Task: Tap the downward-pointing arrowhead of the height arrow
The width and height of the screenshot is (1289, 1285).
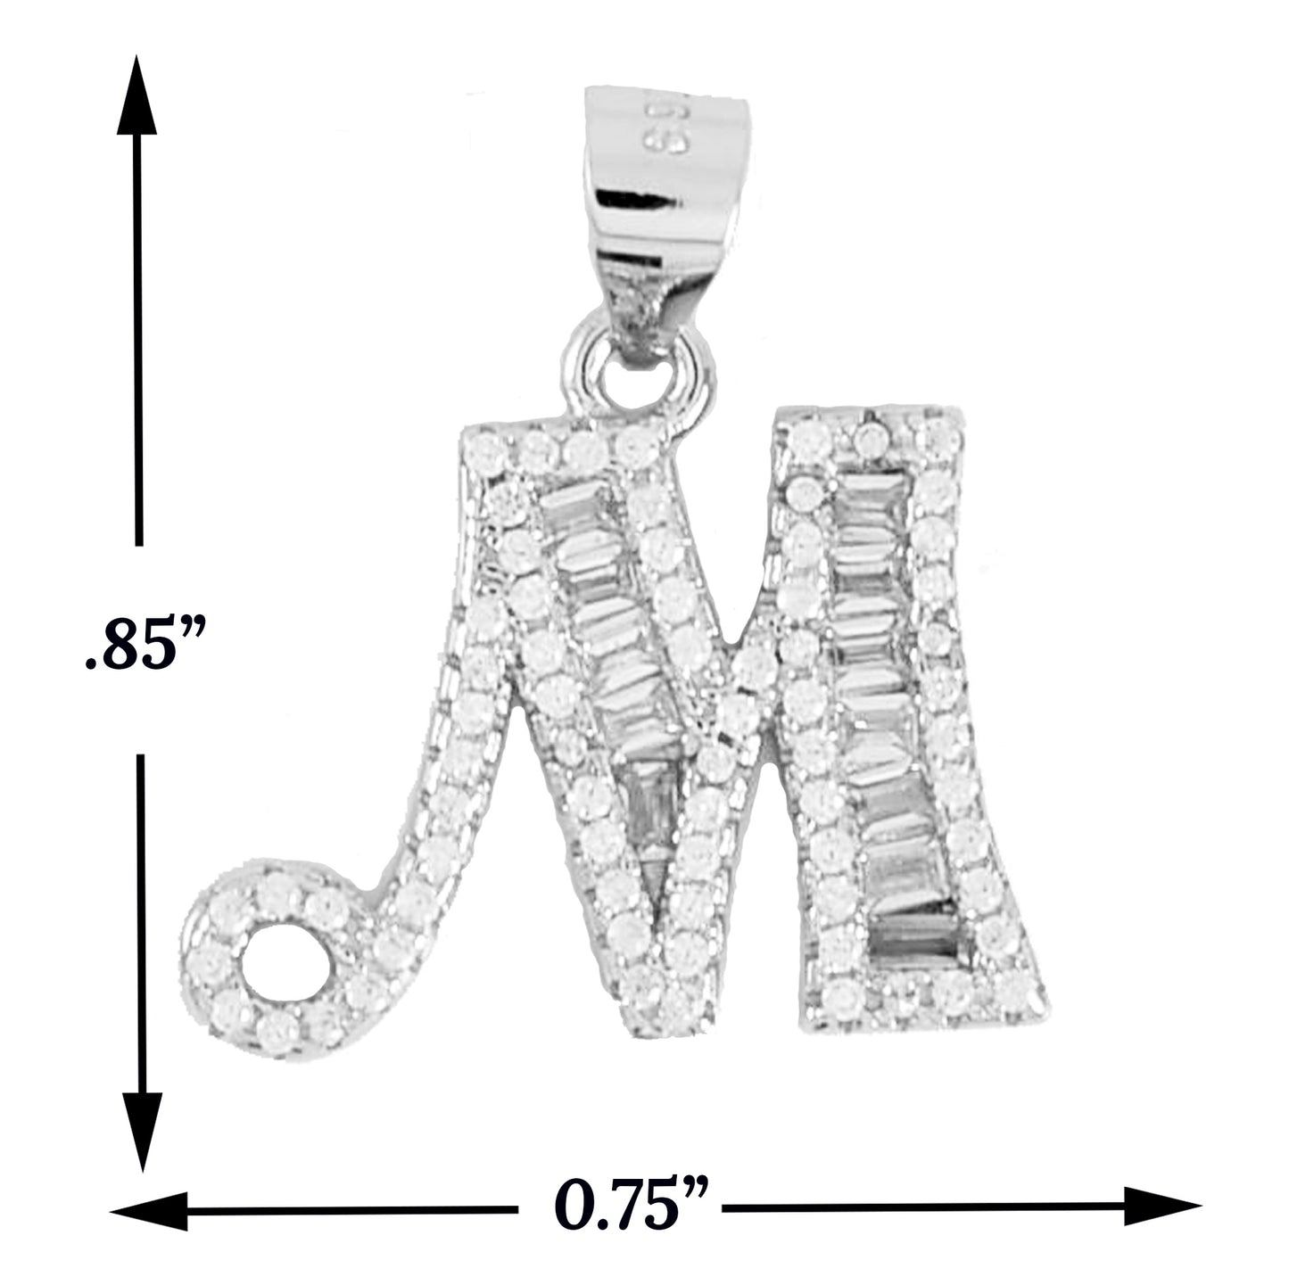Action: pos(143,1133)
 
